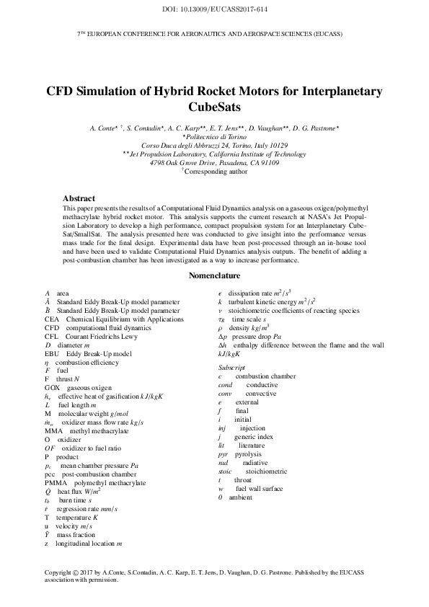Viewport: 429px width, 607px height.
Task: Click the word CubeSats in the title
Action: [214, 108]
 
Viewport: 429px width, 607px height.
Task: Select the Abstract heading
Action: [79, 198]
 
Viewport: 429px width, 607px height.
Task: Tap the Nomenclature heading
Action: [214, 275]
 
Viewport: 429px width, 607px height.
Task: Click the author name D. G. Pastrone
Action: [321, 128]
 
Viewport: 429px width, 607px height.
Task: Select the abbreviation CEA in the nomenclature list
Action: [52, 319]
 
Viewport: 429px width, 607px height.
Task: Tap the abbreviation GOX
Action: [53, 387]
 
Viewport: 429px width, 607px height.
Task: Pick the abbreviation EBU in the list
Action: [52, 354]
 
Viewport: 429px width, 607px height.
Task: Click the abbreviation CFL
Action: [52, 336]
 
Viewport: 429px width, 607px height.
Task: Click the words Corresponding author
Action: [216, 172]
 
